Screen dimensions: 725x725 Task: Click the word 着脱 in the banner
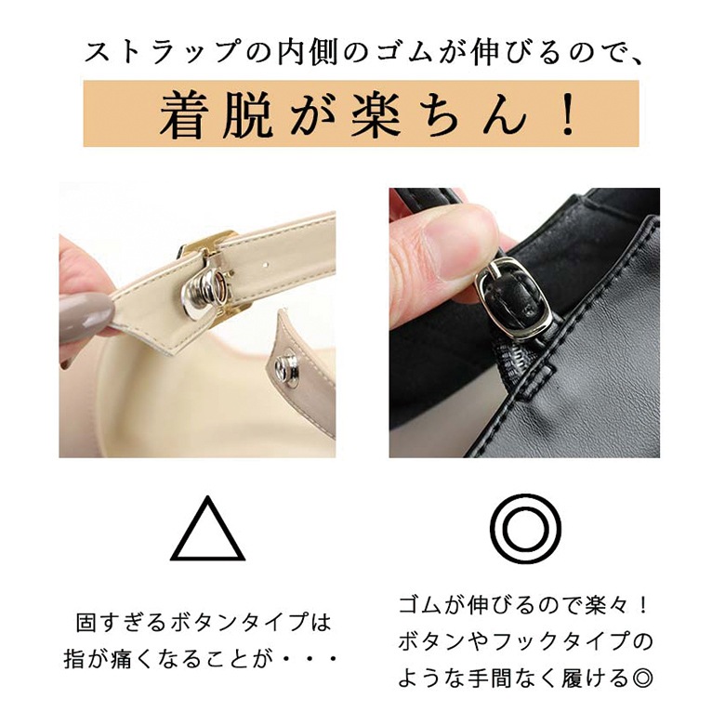(215, 114)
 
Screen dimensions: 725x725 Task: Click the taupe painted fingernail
(86, 318)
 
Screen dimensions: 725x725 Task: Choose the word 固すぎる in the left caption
(120, 623)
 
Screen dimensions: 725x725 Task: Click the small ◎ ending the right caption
(641, 679)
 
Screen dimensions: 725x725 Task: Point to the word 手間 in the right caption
(484, 679)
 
